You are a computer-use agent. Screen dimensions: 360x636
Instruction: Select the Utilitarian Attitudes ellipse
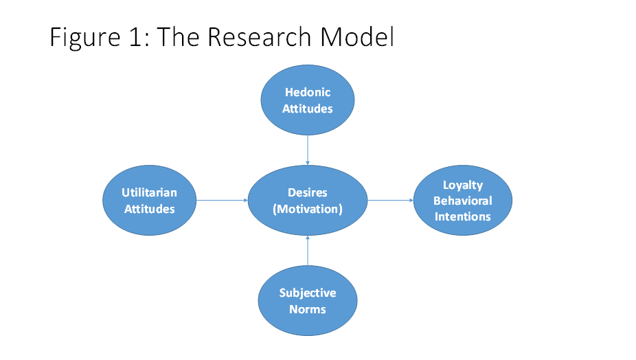[x=149, y=200]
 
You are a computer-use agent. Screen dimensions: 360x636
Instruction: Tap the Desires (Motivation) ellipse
[x=307, y=201]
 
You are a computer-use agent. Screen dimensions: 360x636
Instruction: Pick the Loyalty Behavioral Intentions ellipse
[x=463, y=201]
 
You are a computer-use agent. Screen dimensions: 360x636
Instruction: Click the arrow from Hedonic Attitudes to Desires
[x=308, y=149]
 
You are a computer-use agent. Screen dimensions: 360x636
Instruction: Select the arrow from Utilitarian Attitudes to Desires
[x=221, y=201]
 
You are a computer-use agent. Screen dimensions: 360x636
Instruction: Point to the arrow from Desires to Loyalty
[x=390, y=201]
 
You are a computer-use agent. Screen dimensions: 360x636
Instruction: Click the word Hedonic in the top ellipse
[x=308, y=92]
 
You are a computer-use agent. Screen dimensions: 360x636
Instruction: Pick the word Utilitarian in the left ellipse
[x=150, y=193]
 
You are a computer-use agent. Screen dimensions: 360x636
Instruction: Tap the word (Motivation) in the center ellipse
[x=308, y=209]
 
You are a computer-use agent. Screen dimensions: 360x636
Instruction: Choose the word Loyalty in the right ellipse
[x=463, y=185]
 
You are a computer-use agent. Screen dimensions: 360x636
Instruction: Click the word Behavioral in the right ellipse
[x=463, y=201]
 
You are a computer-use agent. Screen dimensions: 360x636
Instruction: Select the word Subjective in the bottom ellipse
[x=308, y=293]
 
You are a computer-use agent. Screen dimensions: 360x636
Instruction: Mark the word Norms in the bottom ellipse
[x=308, y=309]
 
